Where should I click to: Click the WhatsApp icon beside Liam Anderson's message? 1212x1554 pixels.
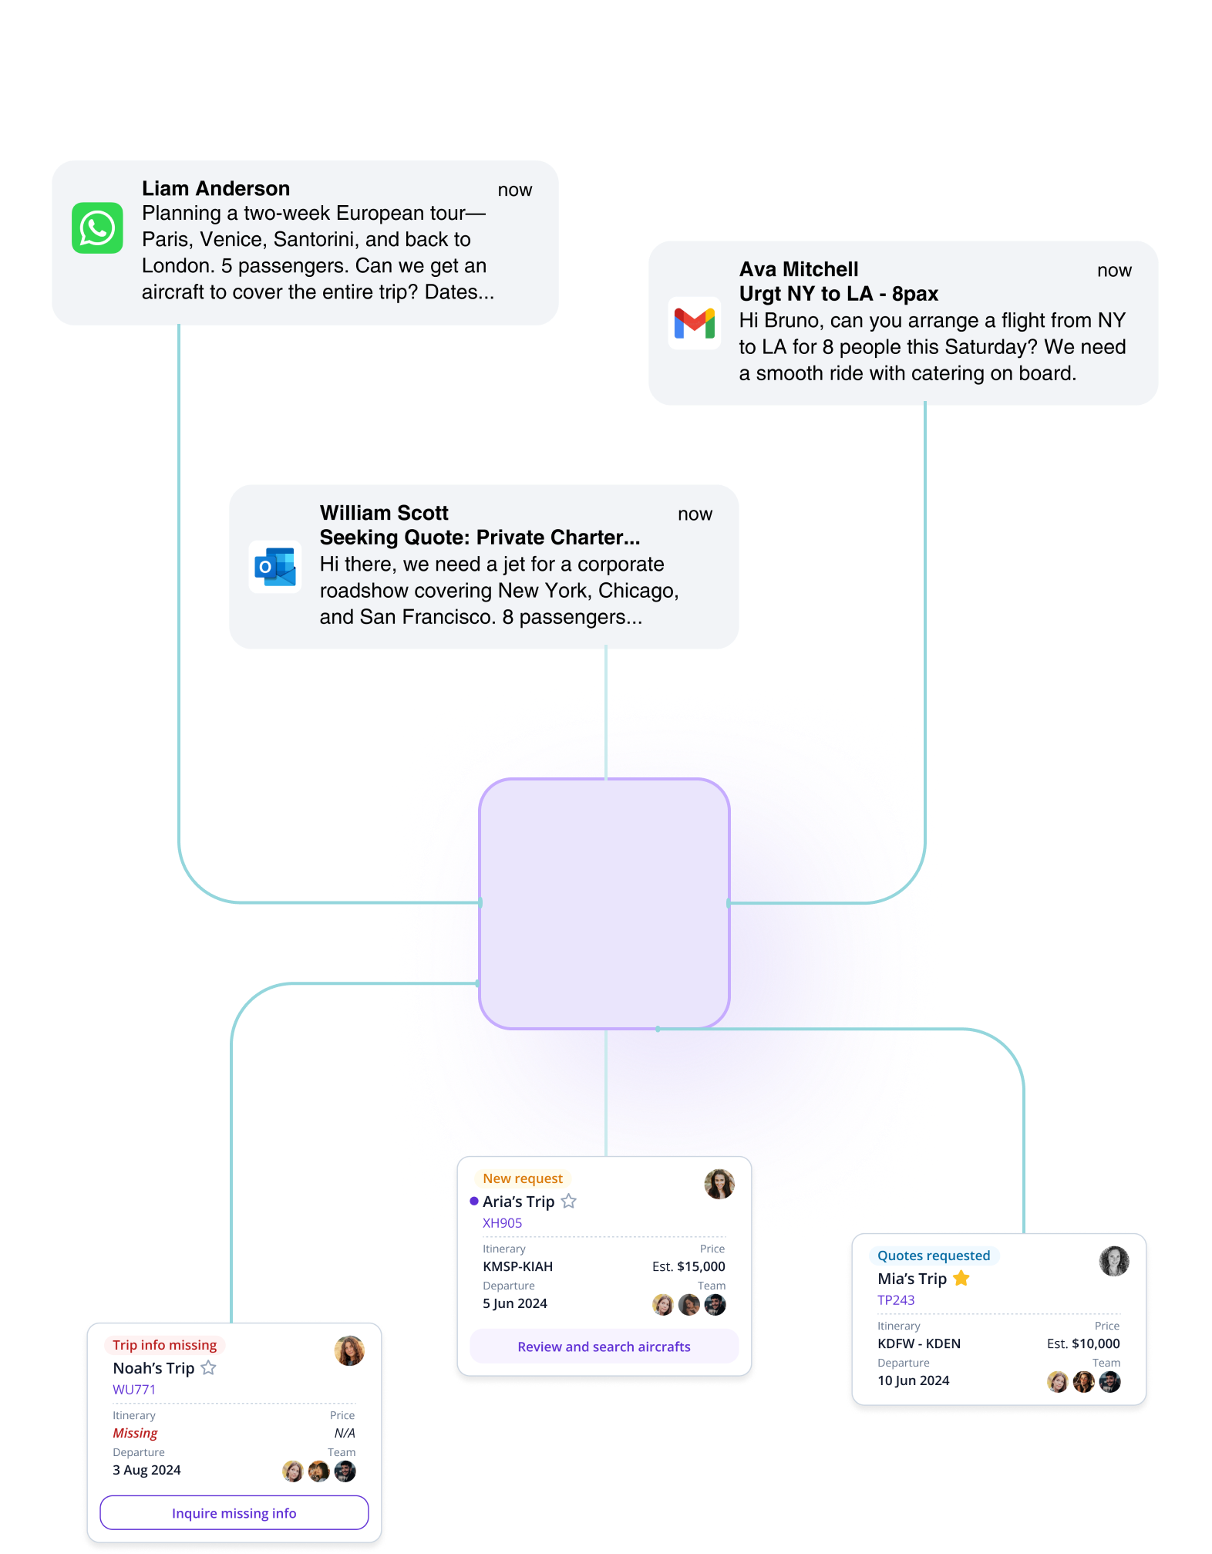[97, 228]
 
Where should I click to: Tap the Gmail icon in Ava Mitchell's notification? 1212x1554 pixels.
[694, 323]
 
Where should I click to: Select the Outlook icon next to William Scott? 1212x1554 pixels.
[275, 567]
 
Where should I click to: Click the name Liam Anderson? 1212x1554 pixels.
[216, 189]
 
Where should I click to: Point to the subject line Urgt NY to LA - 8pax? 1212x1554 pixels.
[838, 294]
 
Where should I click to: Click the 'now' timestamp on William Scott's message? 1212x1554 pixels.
[695, 514]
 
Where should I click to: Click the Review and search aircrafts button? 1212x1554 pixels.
[604, 1347]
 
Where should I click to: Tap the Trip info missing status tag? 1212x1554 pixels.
[164, 1345]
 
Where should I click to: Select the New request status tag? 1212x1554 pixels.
[523, 1178]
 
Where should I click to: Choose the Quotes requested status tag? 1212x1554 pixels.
[933, 1256]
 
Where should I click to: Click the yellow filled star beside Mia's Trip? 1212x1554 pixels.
[961, 1279]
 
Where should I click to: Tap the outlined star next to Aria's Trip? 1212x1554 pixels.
[569, 1202]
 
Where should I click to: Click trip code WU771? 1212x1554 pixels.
[134, 1390]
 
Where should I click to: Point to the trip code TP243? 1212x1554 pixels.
[896, 1300]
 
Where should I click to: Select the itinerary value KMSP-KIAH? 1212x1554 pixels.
[517, 1266]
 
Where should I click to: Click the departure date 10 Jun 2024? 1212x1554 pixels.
[913, 1380]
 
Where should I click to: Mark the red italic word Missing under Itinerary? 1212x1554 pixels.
[135, 1433]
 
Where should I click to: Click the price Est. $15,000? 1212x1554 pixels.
[688, 1266]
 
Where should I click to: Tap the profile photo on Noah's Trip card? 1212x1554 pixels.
[349, 1351]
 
